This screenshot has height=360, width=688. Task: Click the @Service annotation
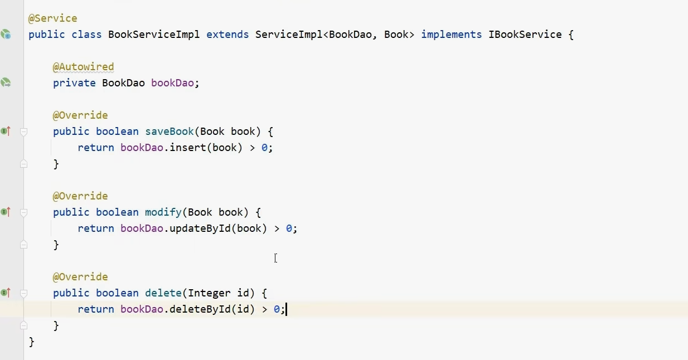[53, 18]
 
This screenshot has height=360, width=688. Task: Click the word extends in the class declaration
[227, 35]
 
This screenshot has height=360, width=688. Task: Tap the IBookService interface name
[525, 35]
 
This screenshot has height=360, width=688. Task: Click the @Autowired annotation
[83, 67]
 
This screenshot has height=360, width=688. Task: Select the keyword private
[74, 83]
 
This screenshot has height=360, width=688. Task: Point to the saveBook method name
[169, 132]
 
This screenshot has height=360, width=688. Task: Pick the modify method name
[163, 212]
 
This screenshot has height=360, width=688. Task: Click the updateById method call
[200, 228]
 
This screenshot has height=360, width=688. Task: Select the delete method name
[163, 293]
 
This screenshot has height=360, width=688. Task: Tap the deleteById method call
[200, 309]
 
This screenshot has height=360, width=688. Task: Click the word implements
[451, 35]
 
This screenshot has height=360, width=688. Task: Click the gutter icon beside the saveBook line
[6, 132]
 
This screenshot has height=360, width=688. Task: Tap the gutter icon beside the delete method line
[6, 293]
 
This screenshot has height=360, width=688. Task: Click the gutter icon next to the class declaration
[6, 35]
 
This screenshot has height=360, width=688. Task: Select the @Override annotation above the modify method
[80, 196]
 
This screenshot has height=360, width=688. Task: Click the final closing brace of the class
[31, 342]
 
